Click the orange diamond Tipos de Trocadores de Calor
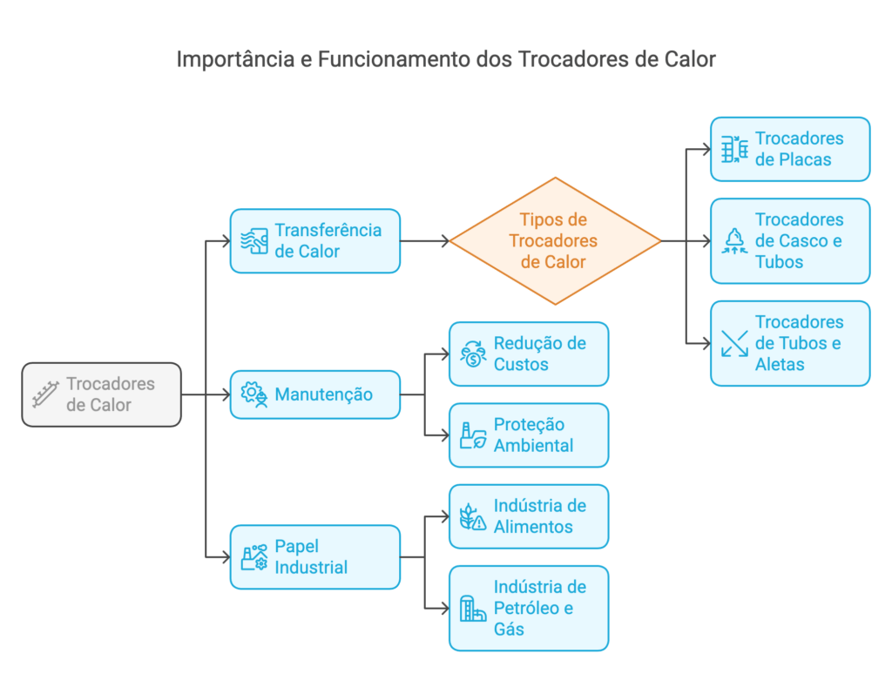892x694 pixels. click(x=555, y=241)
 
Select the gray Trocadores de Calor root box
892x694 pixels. click(x=101, y=394)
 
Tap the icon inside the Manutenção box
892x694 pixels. click(x=253, y=394)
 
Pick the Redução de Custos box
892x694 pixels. click(x=529, y=354)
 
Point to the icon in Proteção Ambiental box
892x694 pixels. click(x=473, y=435)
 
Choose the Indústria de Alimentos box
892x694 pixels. click(x=529, y=516)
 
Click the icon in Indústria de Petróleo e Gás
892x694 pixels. click(x=473, y=609)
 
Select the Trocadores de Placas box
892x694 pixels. click(x=790, y=149)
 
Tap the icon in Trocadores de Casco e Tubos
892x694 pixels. click(x=735, y=241)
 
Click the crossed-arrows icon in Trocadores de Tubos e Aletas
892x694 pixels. click(x=735, y=344)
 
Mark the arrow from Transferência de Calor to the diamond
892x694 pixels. click(x=425, y=241)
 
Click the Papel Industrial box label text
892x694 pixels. click(x=311, y=557)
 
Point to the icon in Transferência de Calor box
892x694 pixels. click(x=253, y=241)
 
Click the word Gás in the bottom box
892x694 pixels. click(x=509, y=629)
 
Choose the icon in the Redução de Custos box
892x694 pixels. click(x=473, y=354)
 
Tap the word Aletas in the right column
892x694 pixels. click(x=780, y=364)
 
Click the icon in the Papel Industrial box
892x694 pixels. click(x=253, y=557)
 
